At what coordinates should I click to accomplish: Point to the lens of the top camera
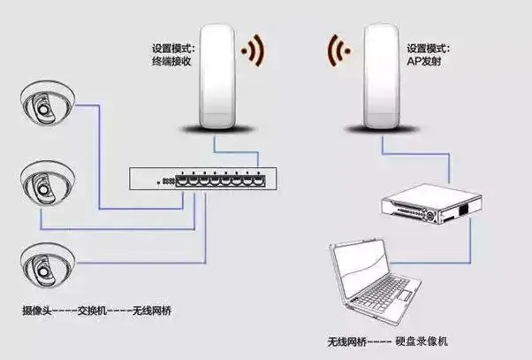coord(40,109)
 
